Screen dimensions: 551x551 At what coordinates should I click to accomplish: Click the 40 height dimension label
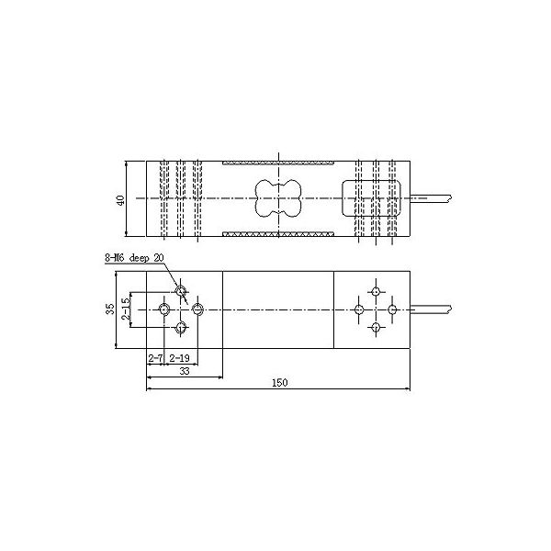point(120,200)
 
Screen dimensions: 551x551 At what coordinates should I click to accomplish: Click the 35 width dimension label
point(110,309)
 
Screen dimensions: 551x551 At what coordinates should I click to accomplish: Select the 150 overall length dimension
point(280,382)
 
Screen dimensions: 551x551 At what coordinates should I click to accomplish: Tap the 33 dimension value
point(185,371)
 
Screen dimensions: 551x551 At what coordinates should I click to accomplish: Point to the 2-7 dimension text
point(155,358)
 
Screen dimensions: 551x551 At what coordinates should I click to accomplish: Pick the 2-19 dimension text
point(179,358)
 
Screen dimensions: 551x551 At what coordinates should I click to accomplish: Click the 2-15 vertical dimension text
point(126,309)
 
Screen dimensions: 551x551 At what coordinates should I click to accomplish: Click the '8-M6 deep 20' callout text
point(134,258)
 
